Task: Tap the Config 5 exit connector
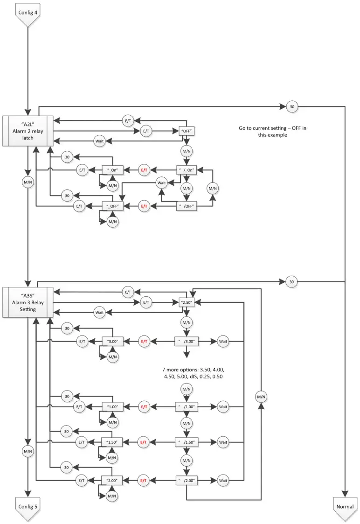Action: [28, 508]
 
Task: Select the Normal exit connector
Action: [345, 508]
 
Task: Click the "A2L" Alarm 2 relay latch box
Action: [28, 131]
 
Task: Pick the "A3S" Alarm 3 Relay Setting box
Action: [28, 302]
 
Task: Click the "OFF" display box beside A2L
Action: [187, 131]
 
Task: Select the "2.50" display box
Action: [187, 302]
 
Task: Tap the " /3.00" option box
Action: [187, 342]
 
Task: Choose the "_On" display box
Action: [112, 170]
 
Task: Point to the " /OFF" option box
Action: [187, 206]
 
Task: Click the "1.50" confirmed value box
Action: [112, 442]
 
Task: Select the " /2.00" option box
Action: [187, 481]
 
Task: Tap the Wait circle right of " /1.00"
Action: [223, 407]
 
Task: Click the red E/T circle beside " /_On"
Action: [144, 170]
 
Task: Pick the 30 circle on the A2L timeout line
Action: [292, 107]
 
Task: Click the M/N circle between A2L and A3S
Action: [28, 182]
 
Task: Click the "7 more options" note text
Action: [194, 373]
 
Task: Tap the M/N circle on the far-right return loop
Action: [261, 397]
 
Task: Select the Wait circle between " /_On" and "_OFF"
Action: [162, 183]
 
